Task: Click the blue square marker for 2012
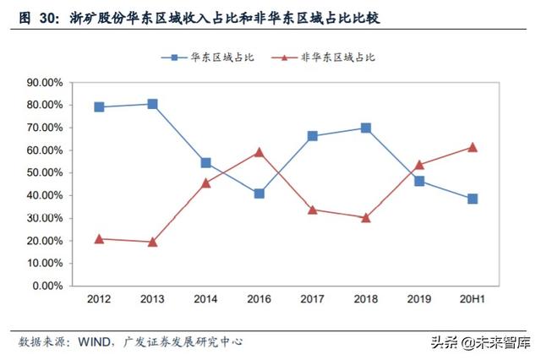coord(99,107)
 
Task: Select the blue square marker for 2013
coord(152,104)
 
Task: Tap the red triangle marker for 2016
coord(259,152)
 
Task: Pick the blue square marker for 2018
coord(365,128)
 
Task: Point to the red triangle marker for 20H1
coord(473,147)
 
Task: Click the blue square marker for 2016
coord(259,194)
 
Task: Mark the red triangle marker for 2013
coord(152,242)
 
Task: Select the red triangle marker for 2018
coord(365,217)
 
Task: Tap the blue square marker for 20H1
coord(473,199)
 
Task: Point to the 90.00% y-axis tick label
coord(45,83)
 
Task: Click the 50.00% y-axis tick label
coord(45,173)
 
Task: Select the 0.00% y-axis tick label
coord(47,286)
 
